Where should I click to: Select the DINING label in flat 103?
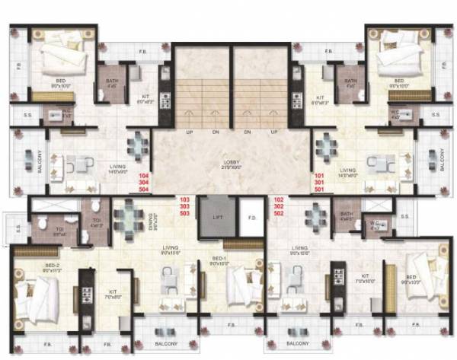pyautogui.click(x=151, y=221)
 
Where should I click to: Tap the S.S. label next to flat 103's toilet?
pyautogui.click(x=15, y=226)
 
